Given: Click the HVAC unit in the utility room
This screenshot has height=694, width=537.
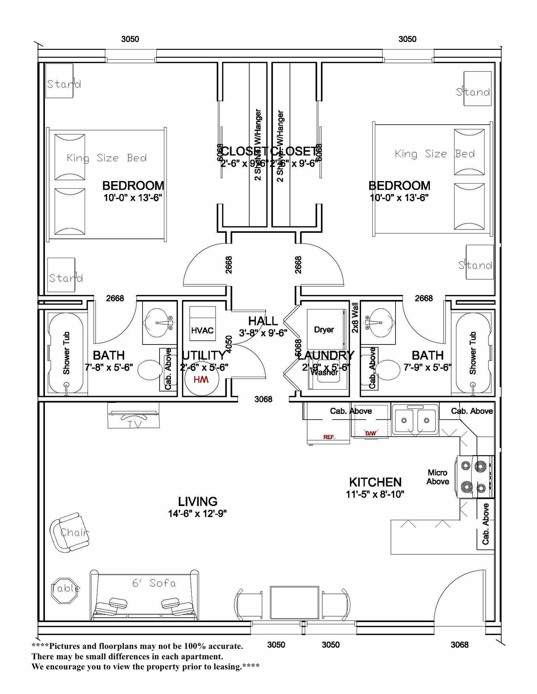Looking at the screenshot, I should coord(202,324).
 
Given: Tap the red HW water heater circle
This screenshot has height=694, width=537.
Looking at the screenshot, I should coord(201,379).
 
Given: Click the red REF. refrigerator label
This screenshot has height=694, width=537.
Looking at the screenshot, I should coord(329,437).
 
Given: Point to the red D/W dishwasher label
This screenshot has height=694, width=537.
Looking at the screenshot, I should coord(370,433).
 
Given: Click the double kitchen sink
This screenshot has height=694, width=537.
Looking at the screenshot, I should coord(415,420).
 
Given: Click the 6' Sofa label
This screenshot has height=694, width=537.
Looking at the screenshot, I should coord(154,583).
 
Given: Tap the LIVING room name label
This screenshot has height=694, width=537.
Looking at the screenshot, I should coord(198,501).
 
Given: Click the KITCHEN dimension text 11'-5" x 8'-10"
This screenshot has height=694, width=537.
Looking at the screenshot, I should coord(375,494).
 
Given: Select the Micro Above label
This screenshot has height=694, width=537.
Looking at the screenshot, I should coord(437,477).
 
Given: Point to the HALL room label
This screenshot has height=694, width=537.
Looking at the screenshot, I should coord(263,321).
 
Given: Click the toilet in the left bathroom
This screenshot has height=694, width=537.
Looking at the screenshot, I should coord(150,369).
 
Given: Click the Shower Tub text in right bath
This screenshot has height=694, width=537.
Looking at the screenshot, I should coord(473,353).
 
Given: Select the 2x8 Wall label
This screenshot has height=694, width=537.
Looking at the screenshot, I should coord(355,318).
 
